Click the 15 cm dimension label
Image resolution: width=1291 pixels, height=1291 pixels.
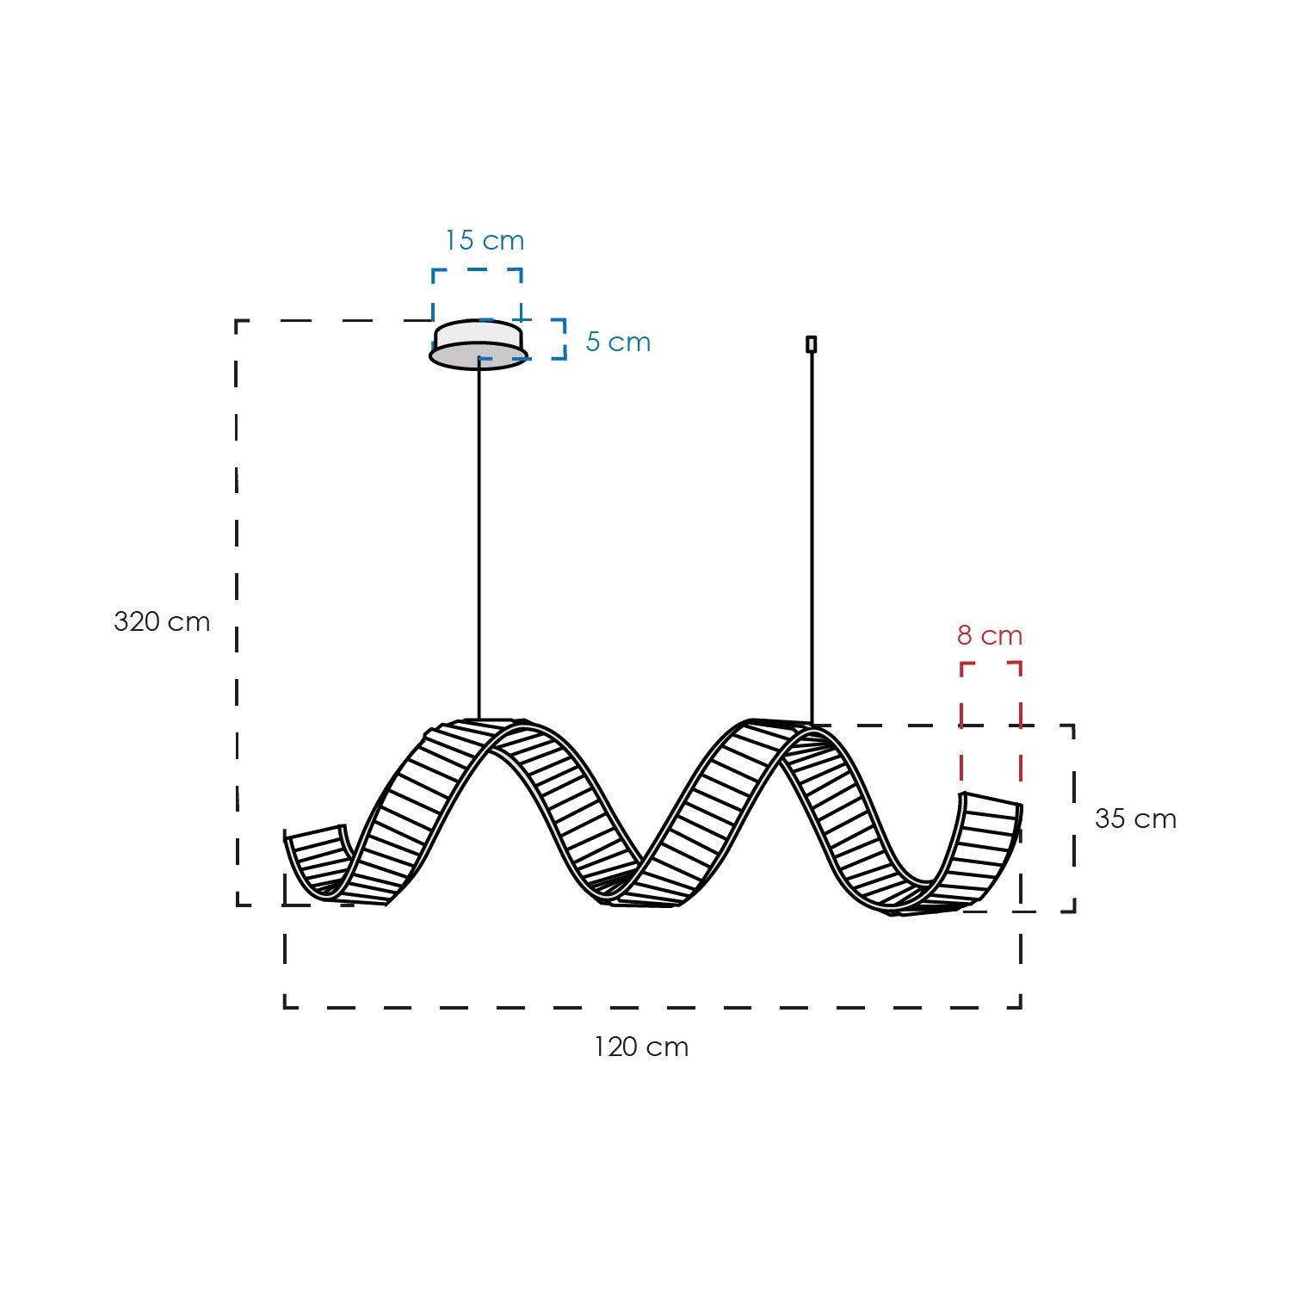tap(485, 240)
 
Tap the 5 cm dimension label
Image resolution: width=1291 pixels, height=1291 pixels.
tap(618, 342)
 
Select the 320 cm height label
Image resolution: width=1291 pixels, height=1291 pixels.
tap(162, 621)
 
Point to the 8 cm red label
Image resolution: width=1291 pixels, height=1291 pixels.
tap(990, 635)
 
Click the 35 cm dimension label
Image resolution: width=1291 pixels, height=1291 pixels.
tap(1135, 818)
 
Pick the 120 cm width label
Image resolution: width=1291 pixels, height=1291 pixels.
tap(641, 1047)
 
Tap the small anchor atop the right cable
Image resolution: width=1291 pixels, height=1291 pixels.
tap(811, 344)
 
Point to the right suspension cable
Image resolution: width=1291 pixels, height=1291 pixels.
tap(812, 534)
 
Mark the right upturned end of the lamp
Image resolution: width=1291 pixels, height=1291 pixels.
tap(990, 826)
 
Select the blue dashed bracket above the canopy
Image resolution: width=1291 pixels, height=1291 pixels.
tap(477, 269)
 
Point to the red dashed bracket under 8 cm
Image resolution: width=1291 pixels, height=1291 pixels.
tap(991, 664)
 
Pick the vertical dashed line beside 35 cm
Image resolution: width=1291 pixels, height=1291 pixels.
tap(1074, 818)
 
